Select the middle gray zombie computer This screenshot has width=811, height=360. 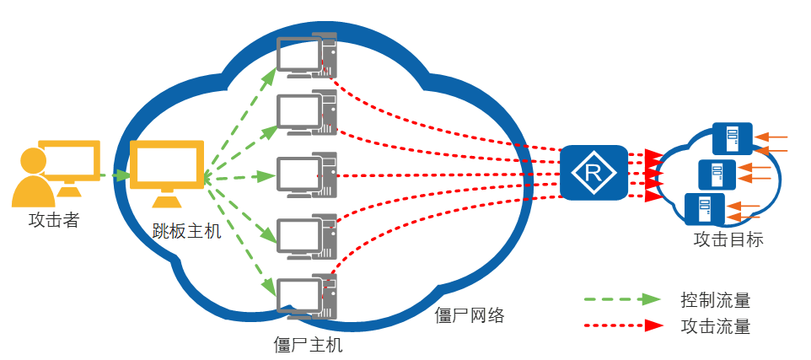click(x=307, y=175)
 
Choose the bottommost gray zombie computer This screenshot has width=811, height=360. click(x=307, y=297)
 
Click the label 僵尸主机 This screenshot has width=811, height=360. click(x=309, y=345)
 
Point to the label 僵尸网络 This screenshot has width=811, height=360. click(x=469, y=316)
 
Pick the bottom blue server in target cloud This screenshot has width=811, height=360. click(x=704, y=207)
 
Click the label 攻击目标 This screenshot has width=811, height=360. click(x=728, y=239)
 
